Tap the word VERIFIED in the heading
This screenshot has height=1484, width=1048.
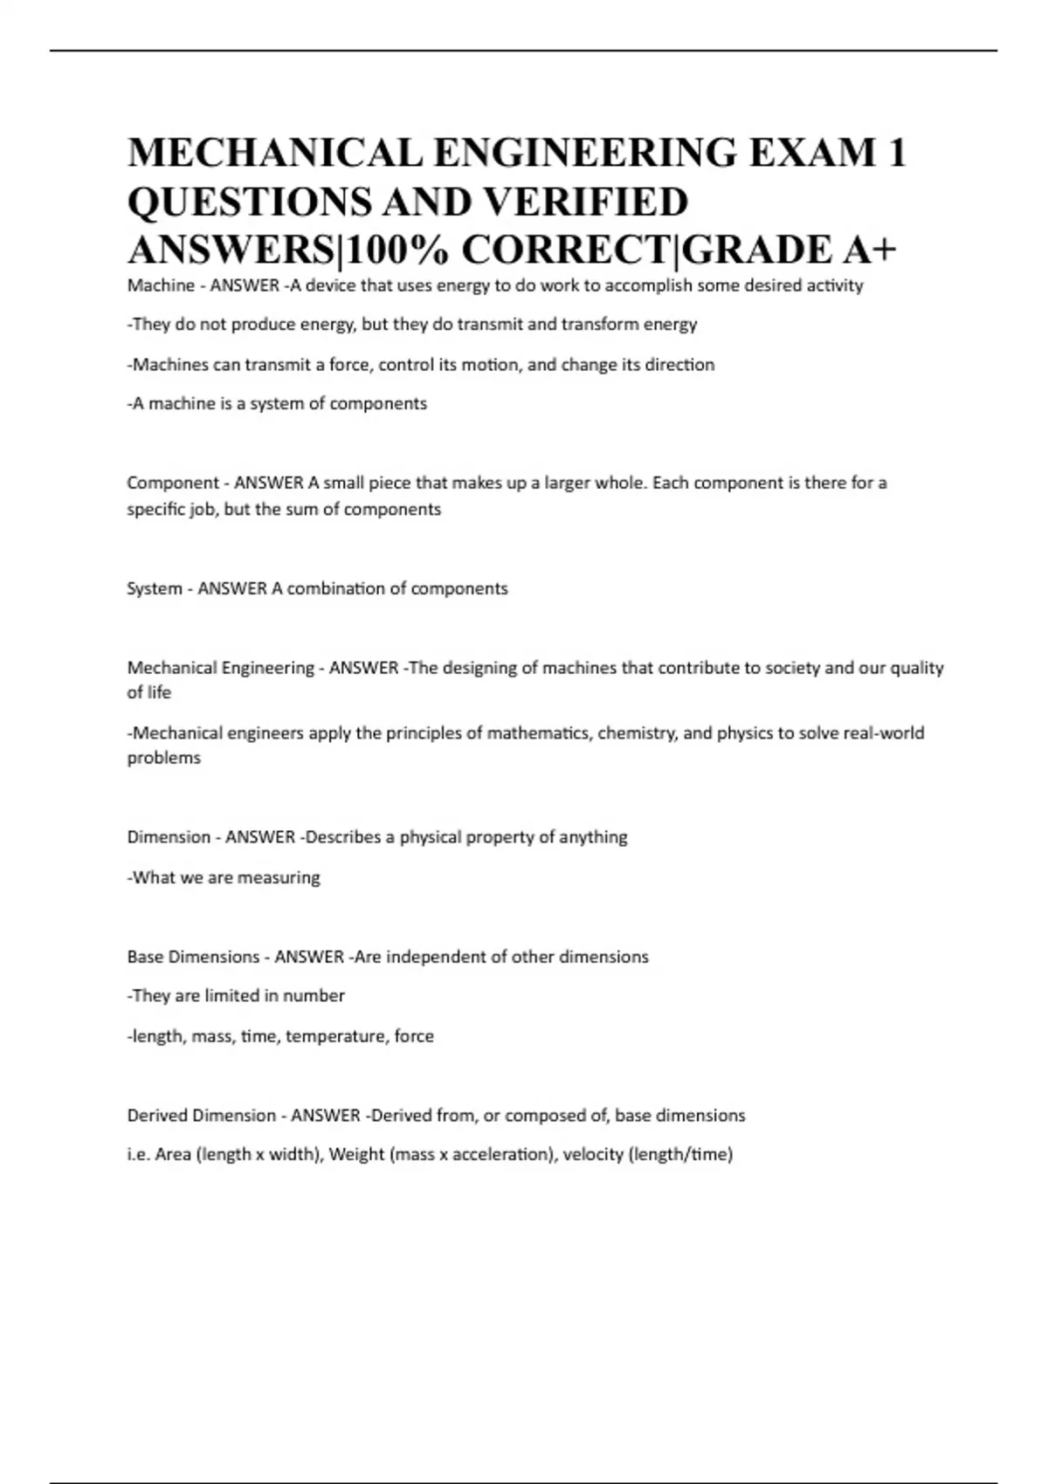tap(585, 202)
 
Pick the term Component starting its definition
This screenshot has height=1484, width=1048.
tap(173, 483)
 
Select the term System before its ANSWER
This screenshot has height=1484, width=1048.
tap(155, 588)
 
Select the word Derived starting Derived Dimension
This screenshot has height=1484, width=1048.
tap(157, 1116)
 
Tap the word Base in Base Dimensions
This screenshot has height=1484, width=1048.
tap(145, 957)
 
